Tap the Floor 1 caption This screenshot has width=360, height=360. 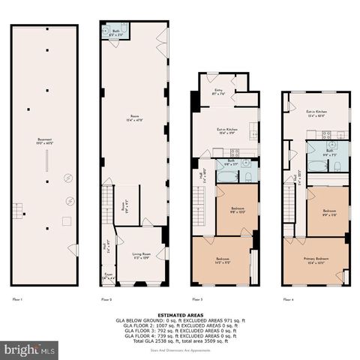16,299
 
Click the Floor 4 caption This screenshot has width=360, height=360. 288,299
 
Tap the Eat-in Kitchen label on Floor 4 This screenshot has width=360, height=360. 316,115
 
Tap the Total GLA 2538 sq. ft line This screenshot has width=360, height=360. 180,340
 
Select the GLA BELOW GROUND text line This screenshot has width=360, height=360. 180,319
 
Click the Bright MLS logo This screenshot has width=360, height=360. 30,349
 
